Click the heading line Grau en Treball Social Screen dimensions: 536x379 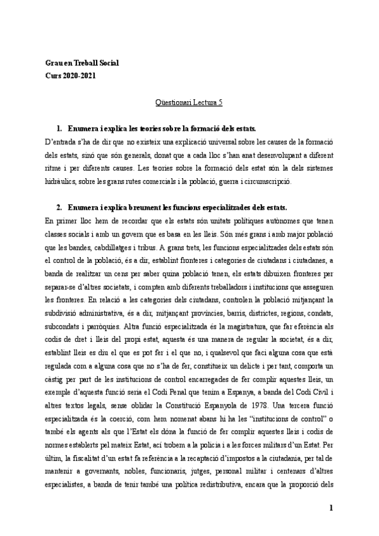coord(82,64)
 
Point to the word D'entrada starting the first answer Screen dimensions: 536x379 coord(61,136)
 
